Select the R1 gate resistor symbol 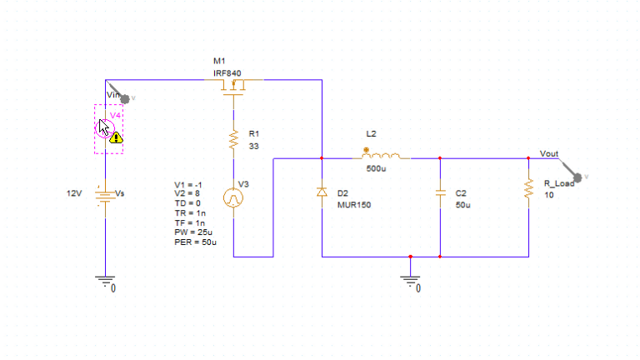click(x=234, y=139)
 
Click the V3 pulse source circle click(x=234, y=198)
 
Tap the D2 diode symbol click(x=322, y=192)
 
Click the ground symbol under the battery click(x=106, y=282)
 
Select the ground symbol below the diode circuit click(x=410, y=282)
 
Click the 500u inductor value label click(x=376, y=169)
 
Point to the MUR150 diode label click(x=353, y=205)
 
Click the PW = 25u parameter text click(x=193, y=232)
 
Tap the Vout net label click(x=549, y=154)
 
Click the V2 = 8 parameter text click(x=187, y=193)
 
